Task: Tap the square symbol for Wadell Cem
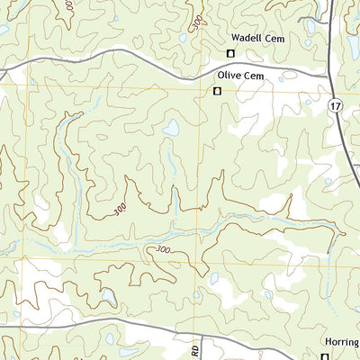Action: [x=229, y=54]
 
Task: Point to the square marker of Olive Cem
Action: [x=217, y=91]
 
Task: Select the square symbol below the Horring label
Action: [x=325, y=356]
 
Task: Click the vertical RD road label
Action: [x=196, y=348]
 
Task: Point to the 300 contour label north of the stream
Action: [x=120, y=211]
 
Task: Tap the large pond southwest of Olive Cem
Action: [x=170, y=128]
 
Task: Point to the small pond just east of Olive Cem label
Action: [x=280, y=79]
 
